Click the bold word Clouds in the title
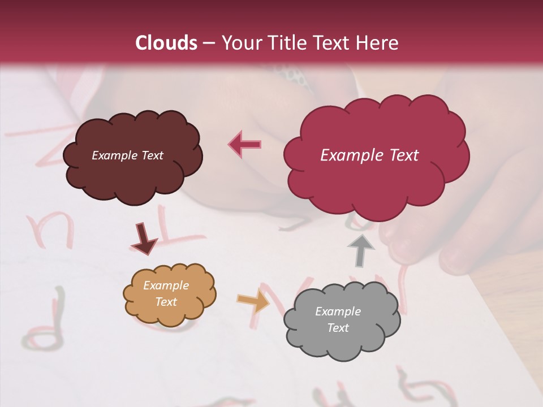click(x=166, y=43)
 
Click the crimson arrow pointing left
click(x=244, y=144)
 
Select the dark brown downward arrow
click(x=144, y=239)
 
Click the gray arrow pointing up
click(x=360, y=250)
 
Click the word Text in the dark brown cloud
click(x=151, y=155)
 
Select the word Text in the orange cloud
click(x=166, y=302)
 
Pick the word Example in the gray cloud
click(x=338, y=311)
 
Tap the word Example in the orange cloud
click(x=166, y=285)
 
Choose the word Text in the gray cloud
click(x=338, y=328)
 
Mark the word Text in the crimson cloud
click(x=404, y=155)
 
